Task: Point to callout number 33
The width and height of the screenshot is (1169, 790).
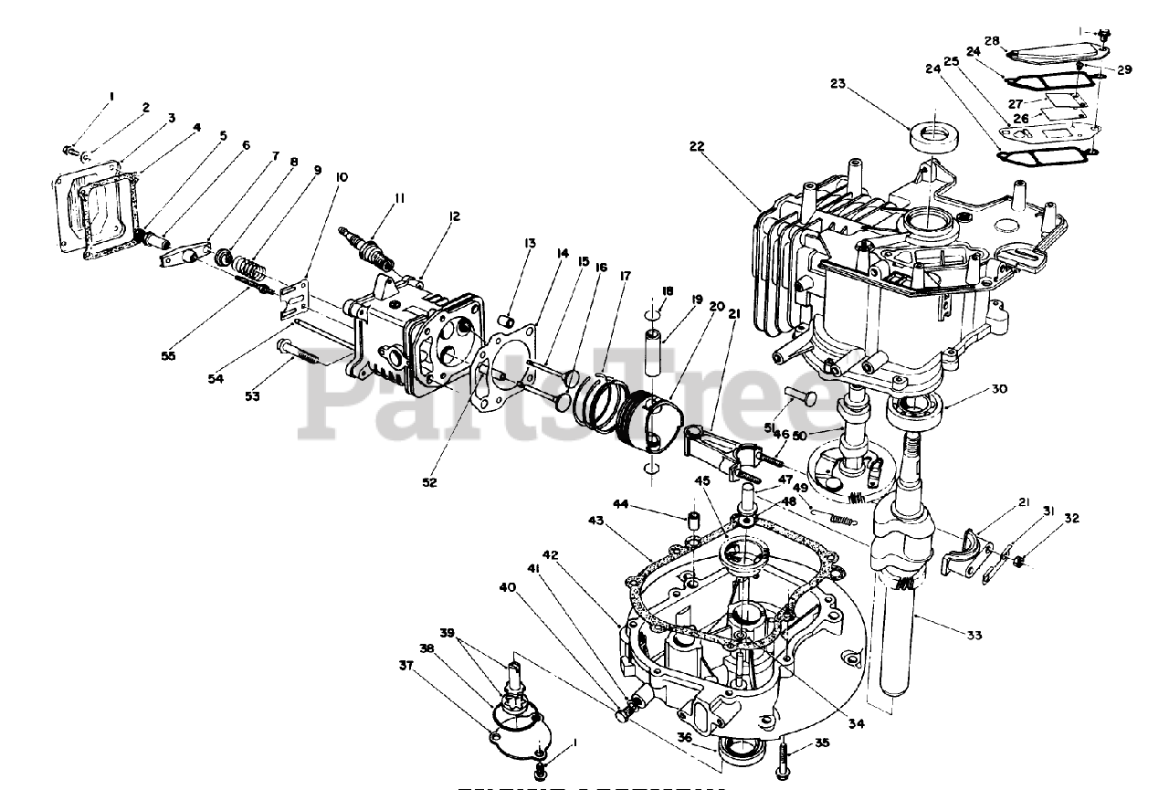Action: click(x=974, y=635)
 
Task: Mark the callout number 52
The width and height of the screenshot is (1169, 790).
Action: click(x=429, y=482)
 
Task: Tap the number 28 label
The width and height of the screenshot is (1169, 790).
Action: click(x=992, y=40)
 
